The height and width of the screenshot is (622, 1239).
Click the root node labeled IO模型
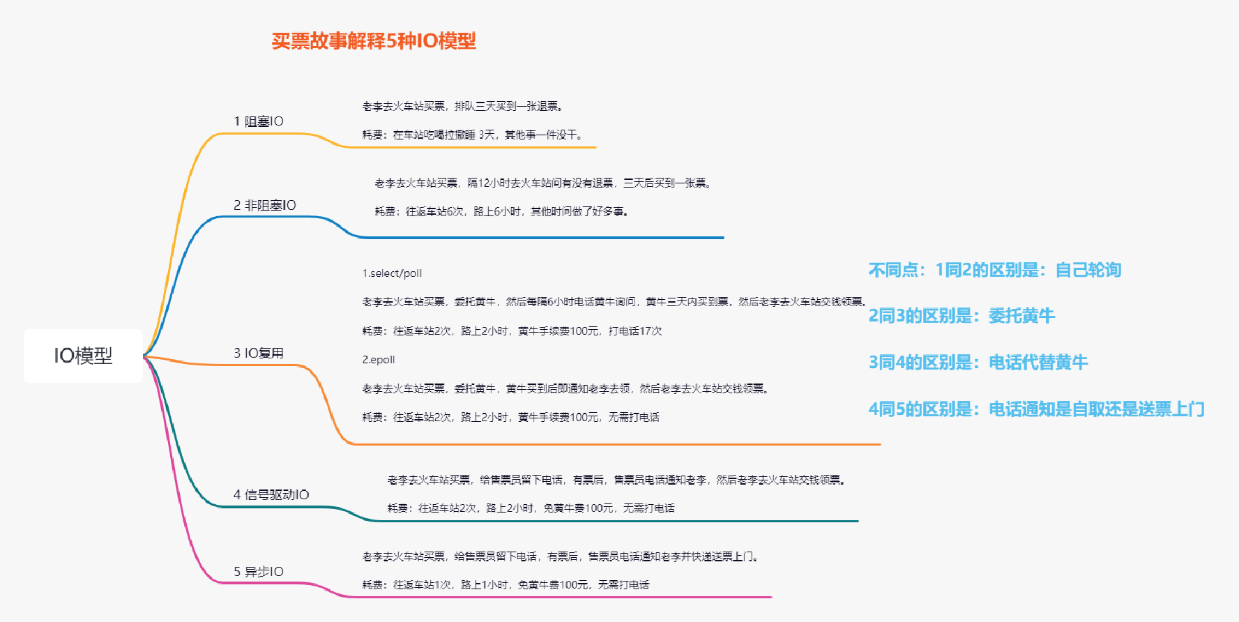click(x=83, y=356)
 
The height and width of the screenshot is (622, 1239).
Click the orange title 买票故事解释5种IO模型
click(x=374, y=41)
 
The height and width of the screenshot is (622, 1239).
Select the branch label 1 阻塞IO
click(x=259, y=121)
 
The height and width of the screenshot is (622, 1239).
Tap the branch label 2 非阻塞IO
click(x=265, y=205)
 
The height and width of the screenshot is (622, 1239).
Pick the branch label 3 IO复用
click(x=259, y=353)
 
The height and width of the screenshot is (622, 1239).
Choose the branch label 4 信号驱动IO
click(x=271, y=494)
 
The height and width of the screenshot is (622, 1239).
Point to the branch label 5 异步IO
click(x=259, y=572)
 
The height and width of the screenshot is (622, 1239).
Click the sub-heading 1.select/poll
click(x=392, y=273)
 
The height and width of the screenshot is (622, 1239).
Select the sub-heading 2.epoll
click(x=379, y=360)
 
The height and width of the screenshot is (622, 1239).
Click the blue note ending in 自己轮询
click(x=995, y=270)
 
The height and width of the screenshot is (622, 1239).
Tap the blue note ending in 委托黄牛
click(x=961, y=316)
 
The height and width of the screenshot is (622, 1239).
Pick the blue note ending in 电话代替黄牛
click(x=978, y=363)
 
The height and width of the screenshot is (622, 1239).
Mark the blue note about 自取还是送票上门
click(x=1037, y=409)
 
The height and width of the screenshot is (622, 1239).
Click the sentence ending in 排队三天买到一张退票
click(x=463, y=106)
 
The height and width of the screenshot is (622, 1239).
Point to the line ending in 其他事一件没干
click(x=473, y=135)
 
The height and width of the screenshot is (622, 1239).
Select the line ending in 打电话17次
click(x=512, y=331)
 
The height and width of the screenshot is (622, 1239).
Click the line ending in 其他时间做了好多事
click(x=502, y=211)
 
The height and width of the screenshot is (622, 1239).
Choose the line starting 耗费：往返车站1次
click(x=506, y=585)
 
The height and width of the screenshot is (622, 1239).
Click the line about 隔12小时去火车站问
click(x=544, y=183)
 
